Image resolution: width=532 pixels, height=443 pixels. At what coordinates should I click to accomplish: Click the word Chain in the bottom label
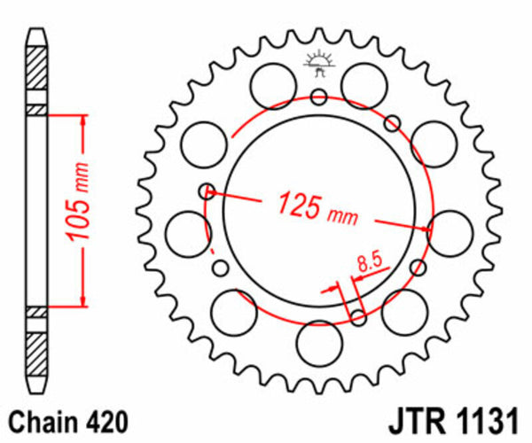click(43, 421)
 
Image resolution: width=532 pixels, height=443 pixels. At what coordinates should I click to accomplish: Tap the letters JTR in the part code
click(414, 421)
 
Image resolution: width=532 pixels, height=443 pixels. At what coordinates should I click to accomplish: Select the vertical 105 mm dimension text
click(74, 210)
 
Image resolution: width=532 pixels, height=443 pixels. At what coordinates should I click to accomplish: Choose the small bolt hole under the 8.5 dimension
click(357, 317)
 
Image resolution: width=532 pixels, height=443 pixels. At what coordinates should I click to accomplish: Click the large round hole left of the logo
click(270, 86)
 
